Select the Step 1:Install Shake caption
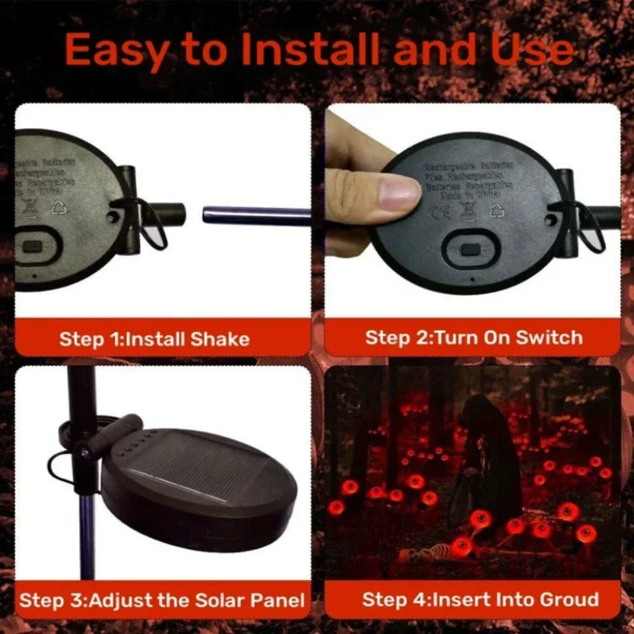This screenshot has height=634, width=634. pos(154,339)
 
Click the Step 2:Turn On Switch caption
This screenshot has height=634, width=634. pos(473,337)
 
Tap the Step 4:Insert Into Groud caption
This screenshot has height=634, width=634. pos(480,599)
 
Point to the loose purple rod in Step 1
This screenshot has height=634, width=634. pos(257,215)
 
